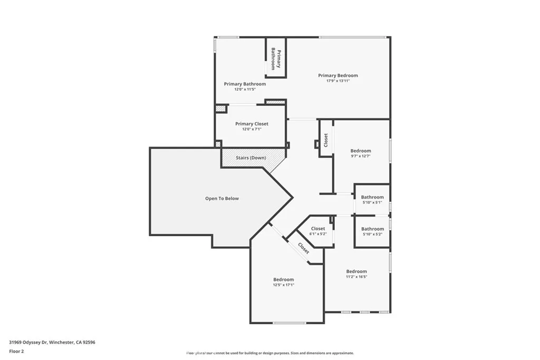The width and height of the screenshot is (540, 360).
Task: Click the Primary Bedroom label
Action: (x=338, y=75)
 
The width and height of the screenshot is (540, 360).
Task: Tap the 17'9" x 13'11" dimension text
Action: (x=338, y=81)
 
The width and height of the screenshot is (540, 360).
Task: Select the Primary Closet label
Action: (x=252, y=124)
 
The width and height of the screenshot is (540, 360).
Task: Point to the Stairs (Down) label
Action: (x=250, y=158)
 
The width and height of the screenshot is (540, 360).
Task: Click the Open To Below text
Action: (x=221, y=199)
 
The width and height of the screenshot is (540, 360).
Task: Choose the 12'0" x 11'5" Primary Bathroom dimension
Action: (x=245, y=90)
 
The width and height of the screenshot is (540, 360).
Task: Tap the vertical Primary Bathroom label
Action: (x=275, y=59)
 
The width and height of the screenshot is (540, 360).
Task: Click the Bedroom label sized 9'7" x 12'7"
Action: (x=361, y=151)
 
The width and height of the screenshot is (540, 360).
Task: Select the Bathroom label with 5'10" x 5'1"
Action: (x=372, y=197)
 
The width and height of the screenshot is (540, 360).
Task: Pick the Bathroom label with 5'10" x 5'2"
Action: (x=372, y=229)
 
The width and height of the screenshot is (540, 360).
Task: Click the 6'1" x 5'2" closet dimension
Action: (x=318, y=234)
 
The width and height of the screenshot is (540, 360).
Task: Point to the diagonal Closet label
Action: (x=304, y=248)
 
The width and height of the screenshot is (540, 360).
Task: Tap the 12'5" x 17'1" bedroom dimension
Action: (x=283, y=285)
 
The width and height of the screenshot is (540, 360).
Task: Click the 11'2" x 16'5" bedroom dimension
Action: (x=356, y=277)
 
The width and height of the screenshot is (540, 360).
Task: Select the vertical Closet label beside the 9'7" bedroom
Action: (x=326, y=140)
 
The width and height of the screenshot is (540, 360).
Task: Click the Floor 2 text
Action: (x=17, y=351)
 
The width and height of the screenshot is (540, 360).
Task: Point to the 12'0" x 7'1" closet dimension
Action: (x=252, y=129)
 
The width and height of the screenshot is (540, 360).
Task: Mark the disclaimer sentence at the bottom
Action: (x=269, y=353)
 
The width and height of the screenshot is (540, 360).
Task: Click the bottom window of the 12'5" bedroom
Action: (x=289, y=323)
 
